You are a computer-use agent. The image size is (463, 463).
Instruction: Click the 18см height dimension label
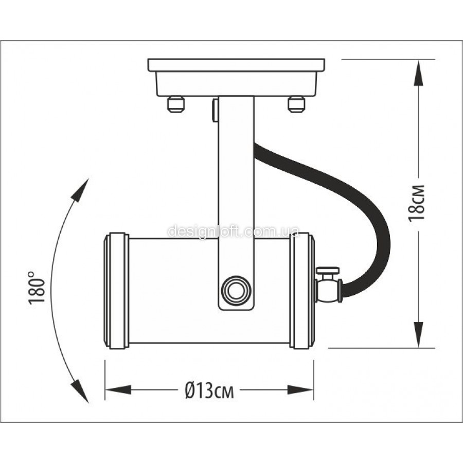tap(416, 203)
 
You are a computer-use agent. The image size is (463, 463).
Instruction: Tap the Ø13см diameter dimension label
tap(209, 390)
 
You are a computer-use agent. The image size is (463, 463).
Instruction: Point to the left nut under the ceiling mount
tap(176, 104)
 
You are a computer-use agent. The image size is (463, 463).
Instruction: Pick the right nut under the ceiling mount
tap(296, 104)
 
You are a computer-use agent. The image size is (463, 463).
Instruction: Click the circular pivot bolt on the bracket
tap(236, 290)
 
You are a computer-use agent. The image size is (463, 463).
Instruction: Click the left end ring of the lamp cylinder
tap(116, 291)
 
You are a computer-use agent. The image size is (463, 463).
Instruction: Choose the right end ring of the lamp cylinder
tap(302, 291)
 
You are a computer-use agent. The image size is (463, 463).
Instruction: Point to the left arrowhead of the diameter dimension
tap(118, 390)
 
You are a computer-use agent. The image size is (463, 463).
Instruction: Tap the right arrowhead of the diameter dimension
tap(300, 390)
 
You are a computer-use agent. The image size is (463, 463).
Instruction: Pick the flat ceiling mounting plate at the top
tap(236, 65)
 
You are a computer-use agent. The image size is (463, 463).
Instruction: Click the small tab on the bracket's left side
tap(216, 111)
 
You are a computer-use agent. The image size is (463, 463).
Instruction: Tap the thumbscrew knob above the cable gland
tap(328, 271)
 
